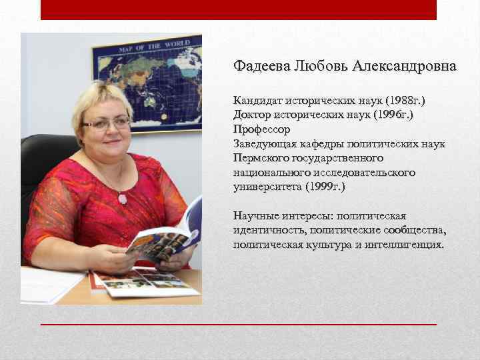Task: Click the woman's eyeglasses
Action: pyautogui.click(x=107, y=123)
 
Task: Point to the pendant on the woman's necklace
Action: pyautogui.click(x=122, y=199)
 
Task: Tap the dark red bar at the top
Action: pyautogui.click(x=238, y=9)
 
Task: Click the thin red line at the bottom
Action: pyautogui.click(x=238, y=324)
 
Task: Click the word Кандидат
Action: pyautogui.click(x=257, y=100)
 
